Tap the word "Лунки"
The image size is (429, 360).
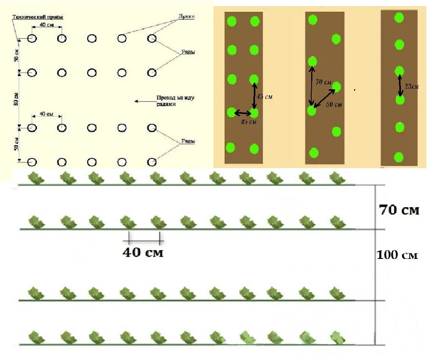(x=186, y=17)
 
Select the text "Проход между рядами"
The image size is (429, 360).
(x=175, y=101)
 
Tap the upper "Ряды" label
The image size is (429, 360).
(x=188, y=52)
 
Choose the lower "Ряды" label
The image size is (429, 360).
(x=188, y=141)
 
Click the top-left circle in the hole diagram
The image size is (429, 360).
(x=32, y=39)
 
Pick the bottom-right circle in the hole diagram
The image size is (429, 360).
(x=152, y=162)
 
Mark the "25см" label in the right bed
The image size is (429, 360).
(x=412, y=87)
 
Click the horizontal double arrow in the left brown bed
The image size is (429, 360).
(x=243, y=113)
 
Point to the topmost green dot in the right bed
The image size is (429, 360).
(x=399, y=17)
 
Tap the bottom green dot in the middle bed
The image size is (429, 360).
(x=313, y=153)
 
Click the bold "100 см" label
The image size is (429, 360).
(x=397, y=255)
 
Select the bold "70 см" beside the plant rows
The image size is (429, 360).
(x=399, y=210)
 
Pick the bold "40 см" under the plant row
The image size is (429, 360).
(x=143, y=252)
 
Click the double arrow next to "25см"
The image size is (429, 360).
(x=400, y=86)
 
